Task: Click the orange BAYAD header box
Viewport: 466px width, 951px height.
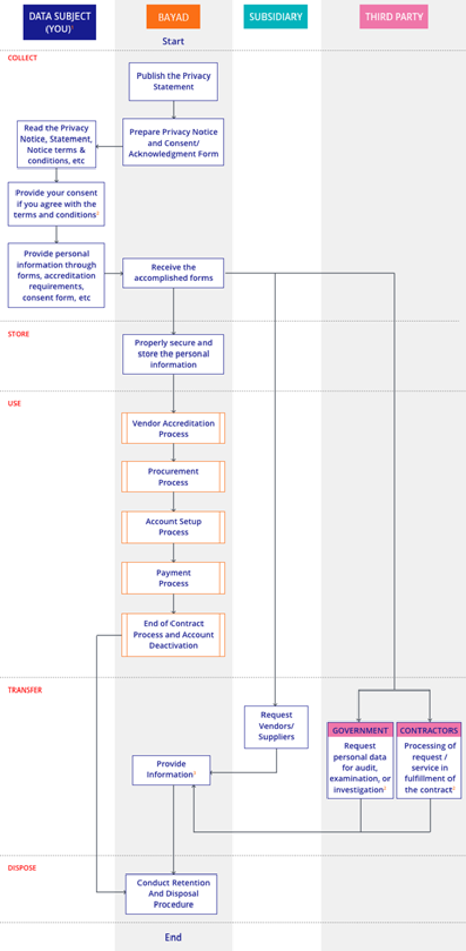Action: pos(173,17)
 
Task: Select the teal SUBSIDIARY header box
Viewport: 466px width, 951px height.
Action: pos(275,17)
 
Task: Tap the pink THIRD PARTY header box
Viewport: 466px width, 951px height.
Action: pos(393,17)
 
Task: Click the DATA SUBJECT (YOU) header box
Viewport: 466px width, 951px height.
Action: pos(59,22)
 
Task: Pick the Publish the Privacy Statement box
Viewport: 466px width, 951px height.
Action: pos(173,81)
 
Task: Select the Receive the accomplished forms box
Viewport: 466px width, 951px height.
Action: pos(173,273)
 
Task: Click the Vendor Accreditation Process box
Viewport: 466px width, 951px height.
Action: pos(173,428)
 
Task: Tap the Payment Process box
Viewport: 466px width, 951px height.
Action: pos(173,578)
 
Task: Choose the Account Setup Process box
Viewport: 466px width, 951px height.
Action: pos(173,527)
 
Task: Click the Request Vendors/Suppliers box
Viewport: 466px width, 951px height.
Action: pos(276,726)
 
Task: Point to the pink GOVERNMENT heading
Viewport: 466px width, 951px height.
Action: pos(360,730)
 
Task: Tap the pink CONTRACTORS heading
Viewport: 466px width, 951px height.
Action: pos(429,730)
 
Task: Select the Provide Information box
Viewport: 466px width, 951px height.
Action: pos(171,769)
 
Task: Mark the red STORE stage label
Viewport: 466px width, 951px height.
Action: pos(18,334)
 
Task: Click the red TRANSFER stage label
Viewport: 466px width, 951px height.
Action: pos(25,690)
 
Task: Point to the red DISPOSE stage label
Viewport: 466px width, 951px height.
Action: pos(22,868)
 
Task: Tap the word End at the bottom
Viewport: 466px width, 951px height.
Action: pos(173,937)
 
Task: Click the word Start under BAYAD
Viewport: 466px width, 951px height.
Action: pos(173,42)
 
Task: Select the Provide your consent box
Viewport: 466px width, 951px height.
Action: pos(56,204)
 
